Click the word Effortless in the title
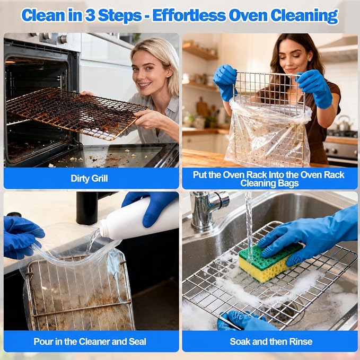[189, 15]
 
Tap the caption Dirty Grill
[89, 178]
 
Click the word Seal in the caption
[137, 341]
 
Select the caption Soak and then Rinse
[271, 341]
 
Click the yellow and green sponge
[270, 262]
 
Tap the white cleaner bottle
[138, 221]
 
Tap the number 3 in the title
[90, 15]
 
